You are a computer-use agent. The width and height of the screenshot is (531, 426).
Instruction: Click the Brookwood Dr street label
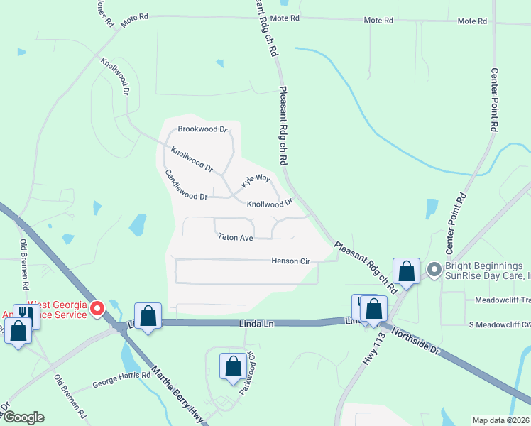tap(202, 129)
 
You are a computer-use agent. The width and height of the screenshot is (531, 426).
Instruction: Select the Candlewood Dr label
tap(185, 185)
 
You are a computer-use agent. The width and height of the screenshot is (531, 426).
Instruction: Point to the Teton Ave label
tap(236, 238)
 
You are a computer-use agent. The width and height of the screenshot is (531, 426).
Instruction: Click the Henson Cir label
tap(291, 261)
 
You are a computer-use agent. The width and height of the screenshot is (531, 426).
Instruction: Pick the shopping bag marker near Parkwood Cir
tap(233, 366)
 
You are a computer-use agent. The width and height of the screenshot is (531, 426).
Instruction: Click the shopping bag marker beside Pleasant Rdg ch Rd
tap(406, 271)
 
